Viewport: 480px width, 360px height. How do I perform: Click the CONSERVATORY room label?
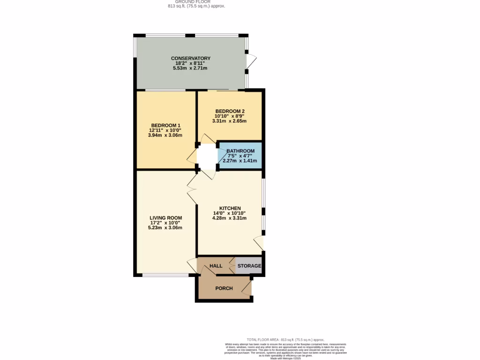190,58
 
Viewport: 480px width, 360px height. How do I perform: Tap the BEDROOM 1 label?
165,125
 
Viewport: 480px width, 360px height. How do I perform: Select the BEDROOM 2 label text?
230,111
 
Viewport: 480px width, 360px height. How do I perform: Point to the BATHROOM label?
240,151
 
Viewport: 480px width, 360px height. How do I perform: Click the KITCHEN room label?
230,208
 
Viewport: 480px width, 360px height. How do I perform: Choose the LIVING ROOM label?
165,218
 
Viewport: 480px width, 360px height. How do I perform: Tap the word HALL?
216,266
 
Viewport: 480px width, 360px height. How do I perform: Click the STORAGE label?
249,266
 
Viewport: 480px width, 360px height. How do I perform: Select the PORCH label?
224,288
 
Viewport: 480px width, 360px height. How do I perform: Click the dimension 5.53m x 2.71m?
190,68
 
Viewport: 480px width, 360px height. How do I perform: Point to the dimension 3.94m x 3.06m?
165,135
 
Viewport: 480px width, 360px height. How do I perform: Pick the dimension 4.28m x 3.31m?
230,218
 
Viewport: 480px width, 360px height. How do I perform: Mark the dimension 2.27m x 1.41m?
240,161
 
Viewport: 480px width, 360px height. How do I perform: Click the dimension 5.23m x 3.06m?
165,228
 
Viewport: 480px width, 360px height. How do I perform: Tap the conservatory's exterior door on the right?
251,61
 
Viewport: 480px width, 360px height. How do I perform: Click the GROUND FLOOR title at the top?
196,2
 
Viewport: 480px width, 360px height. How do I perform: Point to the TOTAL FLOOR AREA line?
285,340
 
